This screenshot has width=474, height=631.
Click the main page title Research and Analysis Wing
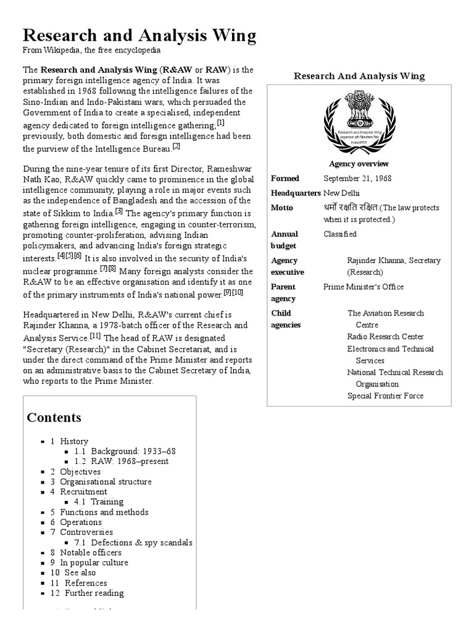139,36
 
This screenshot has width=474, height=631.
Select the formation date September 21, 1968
357,179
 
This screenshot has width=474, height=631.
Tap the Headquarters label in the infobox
295,193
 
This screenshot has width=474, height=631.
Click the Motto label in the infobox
282,208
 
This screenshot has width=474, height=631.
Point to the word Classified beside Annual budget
340,234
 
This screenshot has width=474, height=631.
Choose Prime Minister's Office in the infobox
364,287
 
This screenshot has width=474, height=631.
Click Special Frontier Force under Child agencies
385,396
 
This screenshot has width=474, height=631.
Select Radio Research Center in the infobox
385,336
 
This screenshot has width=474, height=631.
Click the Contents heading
54,418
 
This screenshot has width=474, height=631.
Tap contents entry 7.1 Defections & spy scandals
133,543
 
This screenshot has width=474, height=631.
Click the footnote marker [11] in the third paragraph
96,336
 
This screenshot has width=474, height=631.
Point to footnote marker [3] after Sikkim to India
119,211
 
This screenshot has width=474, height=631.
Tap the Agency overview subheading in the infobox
359,164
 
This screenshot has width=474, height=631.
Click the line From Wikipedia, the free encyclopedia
91,51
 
